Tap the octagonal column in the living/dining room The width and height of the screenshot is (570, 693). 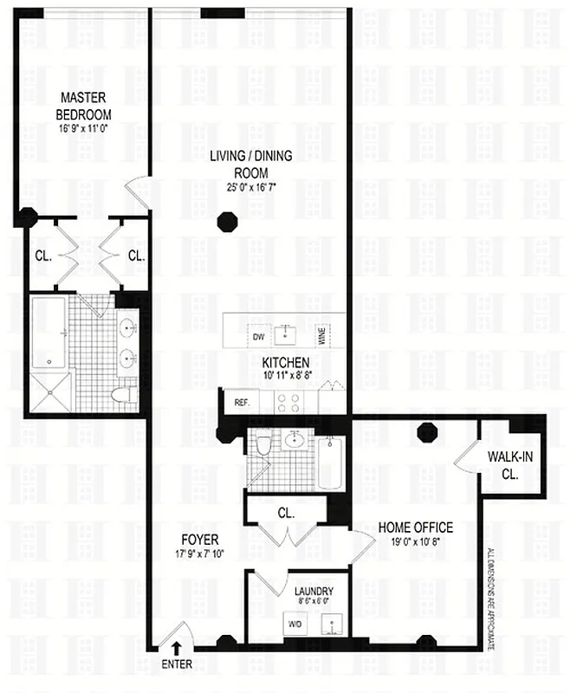coord(227,220)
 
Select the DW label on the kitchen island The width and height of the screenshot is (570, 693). coord(257,336)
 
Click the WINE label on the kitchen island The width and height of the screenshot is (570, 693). coord(320,336)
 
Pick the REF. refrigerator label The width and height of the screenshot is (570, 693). coord(241,402)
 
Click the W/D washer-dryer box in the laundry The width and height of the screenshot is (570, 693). coord(294,623)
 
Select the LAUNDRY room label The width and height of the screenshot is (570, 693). coord(301,593)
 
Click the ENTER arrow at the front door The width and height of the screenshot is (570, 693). coord(177,647)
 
